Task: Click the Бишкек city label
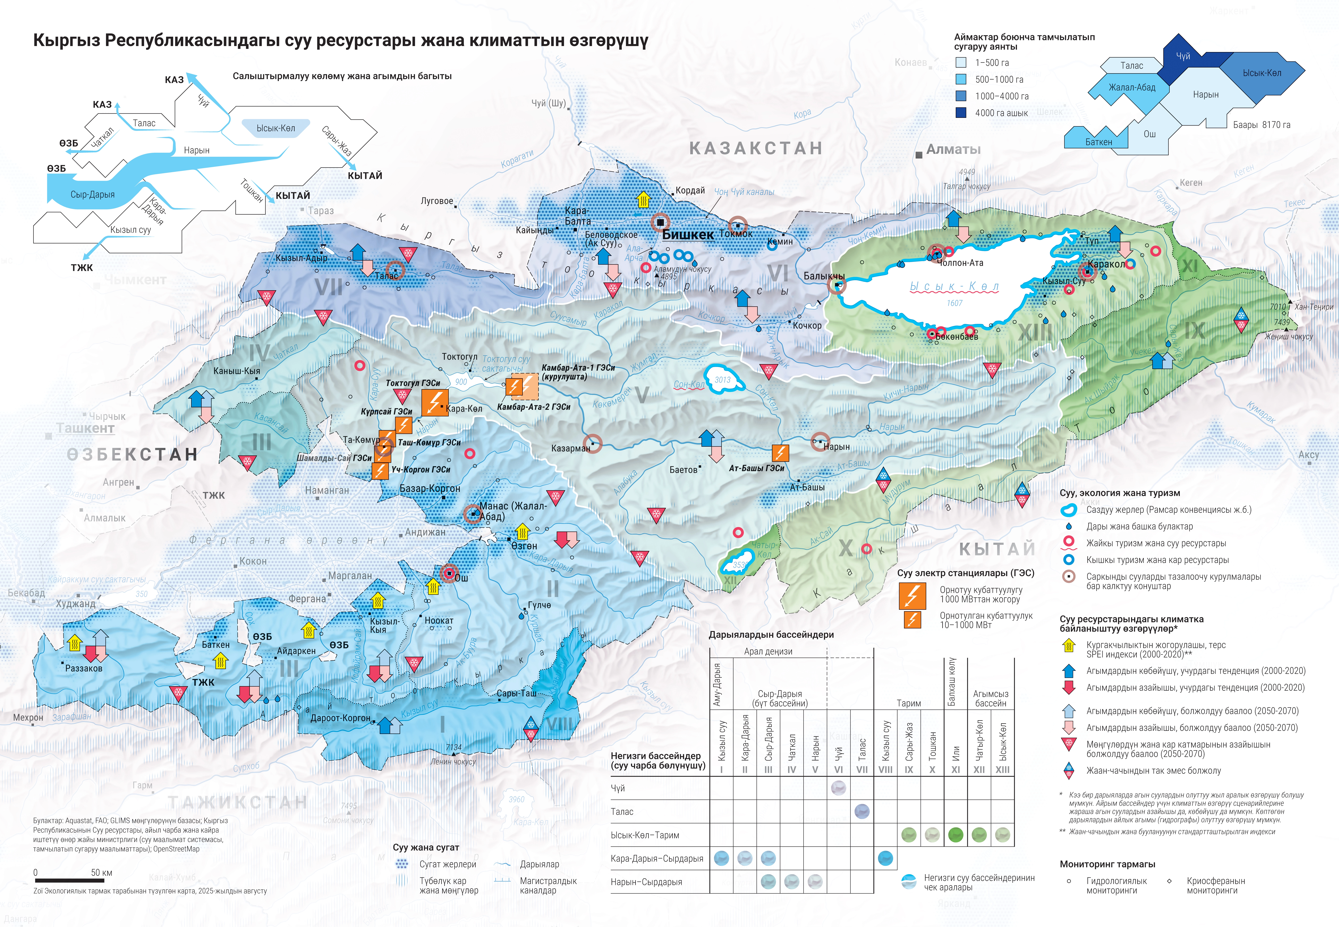(688, 235)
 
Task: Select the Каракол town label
(1106, 264)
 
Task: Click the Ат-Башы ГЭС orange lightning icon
(780, 452)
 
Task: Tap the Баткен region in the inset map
(1098, 141)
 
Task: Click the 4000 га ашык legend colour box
(961, 113)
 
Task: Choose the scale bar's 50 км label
(102, 872)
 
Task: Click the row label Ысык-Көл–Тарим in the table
(645, 835)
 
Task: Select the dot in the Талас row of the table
(862, 811)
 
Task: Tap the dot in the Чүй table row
(838, 788)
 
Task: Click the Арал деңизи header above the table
(768, 651)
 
